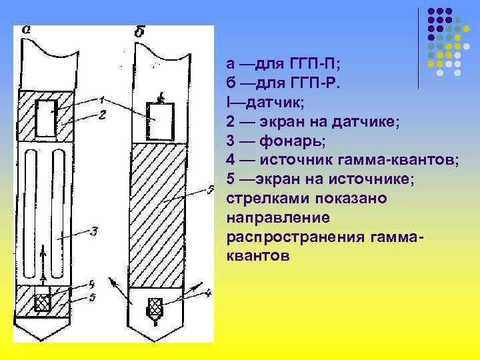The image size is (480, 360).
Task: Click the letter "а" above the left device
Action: pos(26,29)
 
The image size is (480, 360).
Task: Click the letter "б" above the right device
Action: pos(140,31)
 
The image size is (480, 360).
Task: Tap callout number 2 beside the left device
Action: pos(102,114)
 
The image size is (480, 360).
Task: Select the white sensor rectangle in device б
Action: pos(159,120)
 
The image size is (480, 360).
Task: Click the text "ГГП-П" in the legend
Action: pos(304,64)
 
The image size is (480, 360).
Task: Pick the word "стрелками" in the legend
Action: pos(261,199)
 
